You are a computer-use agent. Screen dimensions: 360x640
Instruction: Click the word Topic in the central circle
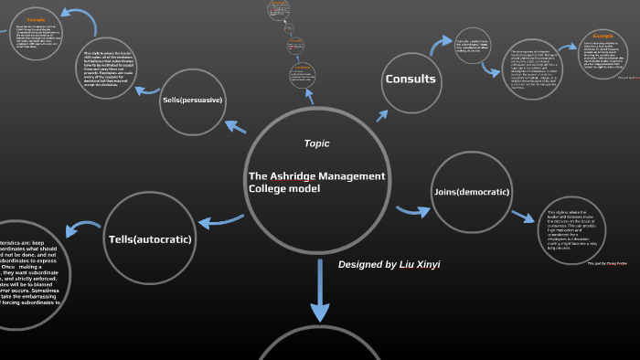[x=316, y=143]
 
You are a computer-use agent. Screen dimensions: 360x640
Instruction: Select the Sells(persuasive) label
[x=192, y=100]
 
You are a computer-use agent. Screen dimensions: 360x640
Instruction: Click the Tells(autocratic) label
[x=150, y=239]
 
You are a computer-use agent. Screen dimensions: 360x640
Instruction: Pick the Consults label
[x=411, y=79]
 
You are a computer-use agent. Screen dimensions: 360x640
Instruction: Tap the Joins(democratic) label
[x=470, y=191]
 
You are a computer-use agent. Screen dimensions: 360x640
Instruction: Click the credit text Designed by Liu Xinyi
[x=389, y=264]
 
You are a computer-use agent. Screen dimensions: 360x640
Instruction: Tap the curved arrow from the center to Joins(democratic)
[x=413, y=211]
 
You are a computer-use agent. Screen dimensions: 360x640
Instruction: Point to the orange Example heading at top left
[x=37, y=18]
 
